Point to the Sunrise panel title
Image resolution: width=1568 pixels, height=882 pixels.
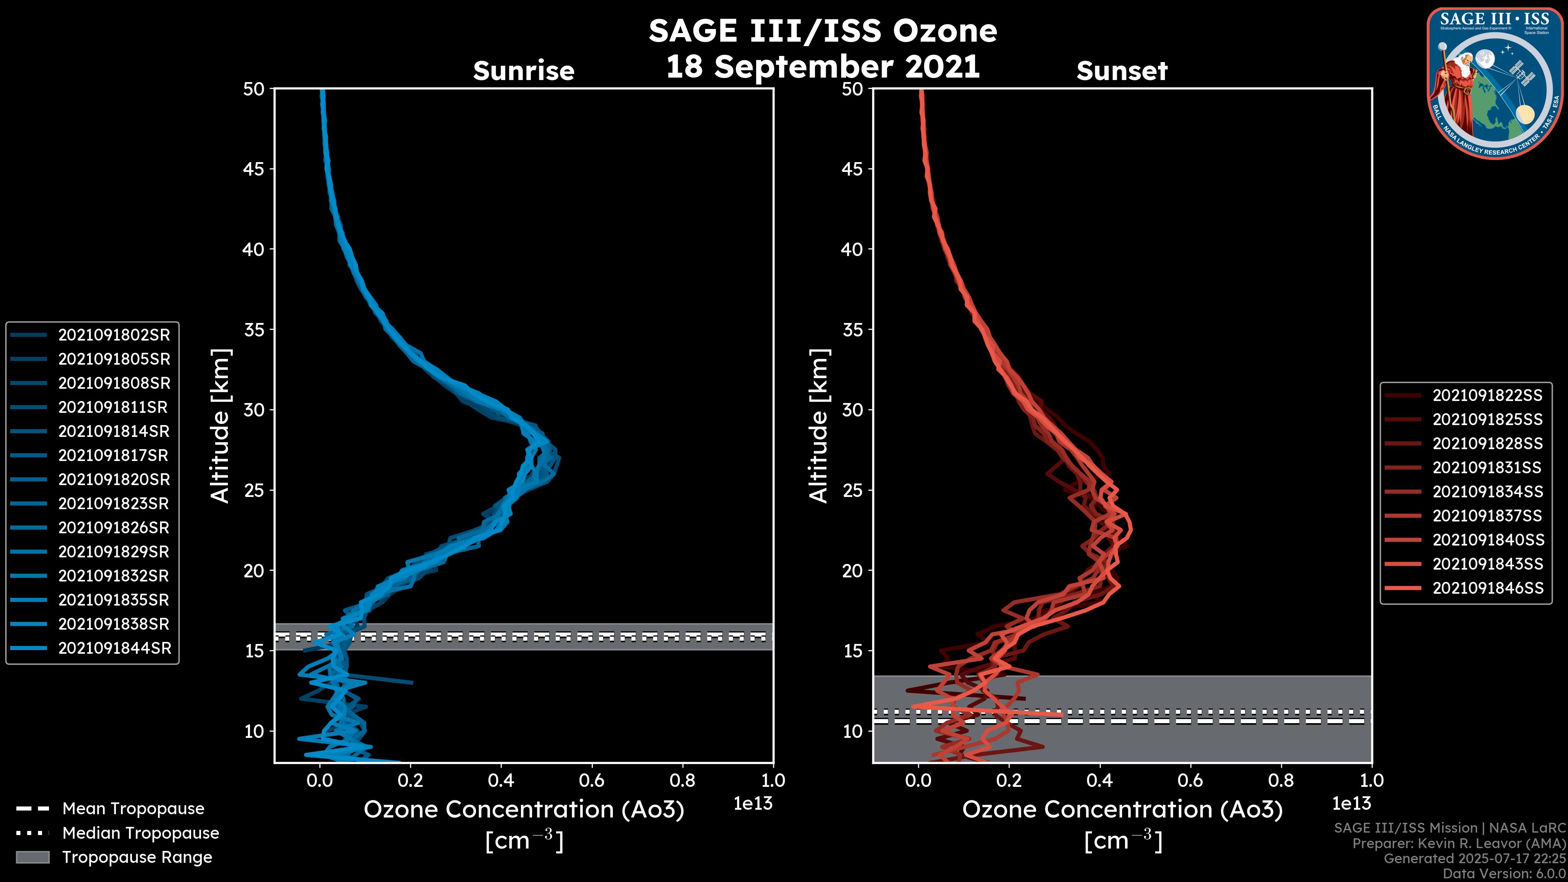(523, 71)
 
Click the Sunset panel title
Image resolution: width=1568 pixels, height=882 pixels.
(1122, 71)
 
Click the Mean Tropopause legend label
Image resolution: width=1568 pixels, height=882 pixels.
(133, 809)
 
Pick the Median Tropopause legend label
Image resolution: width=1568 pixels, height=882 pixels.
(140, 833)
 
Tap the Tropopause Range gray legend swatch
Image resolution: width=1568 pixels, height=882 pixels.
(32, 857)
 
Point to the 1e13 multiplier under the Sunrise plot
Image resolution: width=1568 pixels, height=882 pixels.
(753, 804)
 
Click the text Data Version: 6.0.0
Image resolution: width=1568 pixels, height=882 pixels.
(1503, 874)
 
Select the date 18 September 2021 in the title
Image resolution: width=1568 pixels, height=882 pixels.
(822, 66)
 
